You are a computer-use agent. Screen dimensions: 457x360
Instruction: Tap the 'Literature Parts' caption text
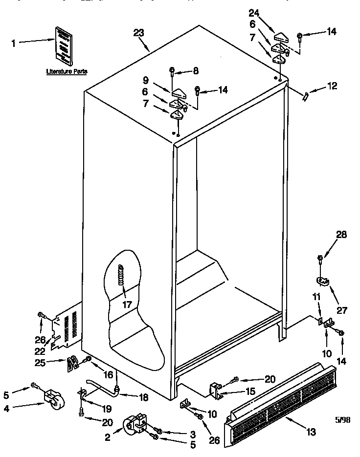(67, 71)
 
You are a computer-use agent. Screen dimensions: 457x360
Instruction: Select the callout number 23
(138, 33)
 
